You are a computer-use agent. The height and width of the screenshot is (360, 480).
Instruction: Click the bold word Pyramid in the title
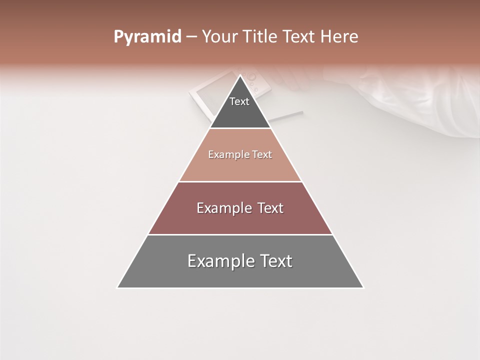point(147,37)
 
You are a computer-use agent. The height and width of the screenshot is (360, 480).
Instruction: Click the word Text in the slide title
point(299,37)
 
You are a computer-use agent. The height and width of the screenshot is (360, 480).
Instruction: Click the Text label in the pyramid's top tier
point(239,101)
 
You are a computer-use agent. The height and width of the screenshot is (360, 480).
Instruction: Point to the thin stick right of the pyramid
point(287,116)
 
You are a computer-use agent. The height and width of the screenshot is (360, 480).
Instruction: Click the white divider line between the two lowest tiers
point(240,234)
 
